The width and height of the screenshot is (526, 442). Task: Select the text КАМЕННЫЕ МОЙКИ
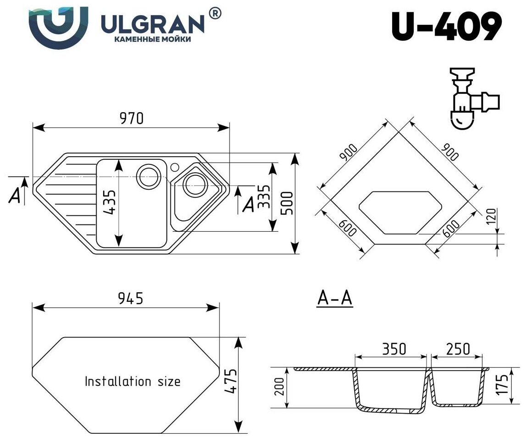[x=152, y=40]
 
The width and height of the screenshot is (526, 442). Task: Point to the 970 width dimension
[x=131, y=119]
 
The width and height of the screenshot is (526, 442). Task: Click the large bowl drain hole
[x=148, y=175]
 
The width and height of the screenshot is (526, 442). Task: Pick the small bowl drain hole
[x=192, y=185]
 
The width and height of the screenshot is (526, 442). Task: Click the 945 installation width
[x=131, y=298]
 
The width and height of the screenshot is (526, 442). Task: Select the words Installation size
[x=132, y=381]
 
